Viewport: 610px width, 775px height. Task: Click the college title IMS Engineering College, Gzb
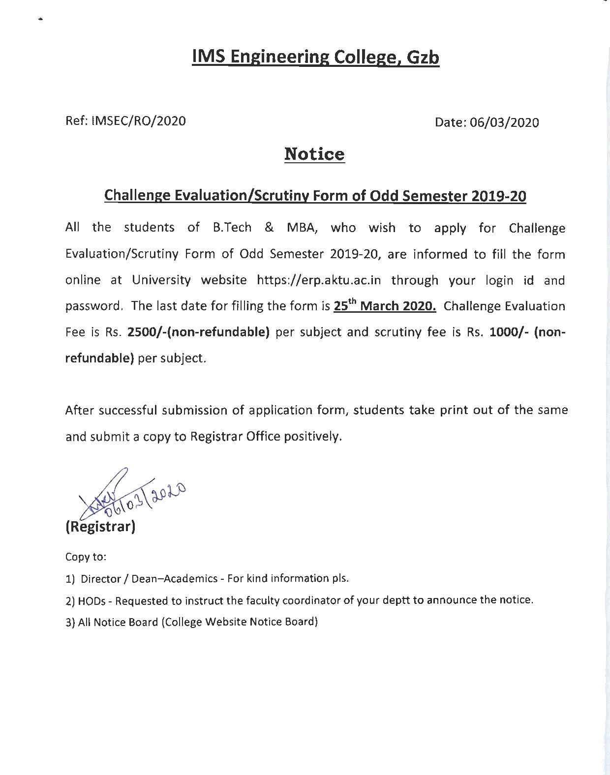[x=315, y=58]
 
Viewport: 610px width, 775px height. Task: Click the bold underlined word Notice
[x=315, y=154]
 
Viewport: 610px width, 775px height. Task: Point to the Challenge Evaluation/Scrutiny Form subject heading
[x=315, y=196]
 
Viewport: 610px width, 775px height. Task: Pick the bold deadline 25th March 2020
[x=385, y=306]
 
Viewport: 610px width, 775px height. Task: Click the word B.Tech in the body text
[x=232, y=228]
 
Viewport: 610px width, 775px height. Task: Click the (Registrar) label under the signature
[x=100, y=527]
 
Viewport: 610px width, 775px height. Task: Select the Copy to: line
[x=86, y=557]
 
